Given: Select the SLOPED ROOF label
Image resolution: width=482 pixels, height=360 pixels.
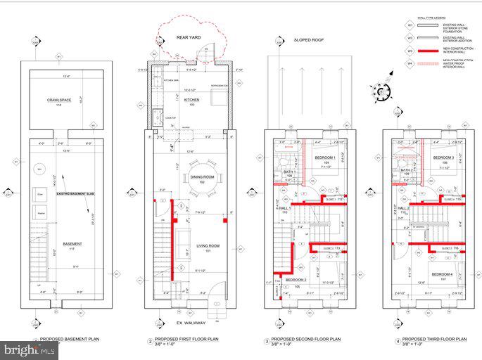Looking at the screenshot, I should pos(307,41).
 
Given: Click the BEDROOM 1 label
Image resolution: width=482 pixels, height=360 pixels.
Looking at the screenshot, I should pos(324,157).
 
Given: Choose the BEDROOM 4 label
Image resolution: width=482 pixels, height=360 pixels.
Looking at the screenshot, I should pos(443,274).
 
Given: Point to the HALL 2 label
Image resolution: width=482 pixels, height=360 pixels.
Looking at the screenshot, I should pos(403,210).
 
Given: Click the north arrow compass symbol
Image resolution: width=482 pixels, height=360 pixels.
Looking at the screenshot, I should pos(380,91).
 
